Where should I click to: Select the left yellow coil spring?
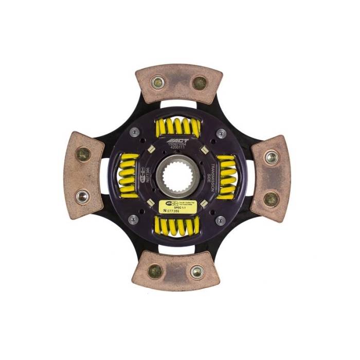tap(129, 176)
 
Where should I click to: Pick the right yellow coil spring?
tap(226, 176)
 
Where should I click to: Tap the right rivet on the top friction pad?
tap(199, 83)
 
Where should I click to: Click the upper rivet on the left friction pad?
tap(83, 153)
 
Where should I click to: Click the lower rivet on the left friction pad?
tap(82, 196)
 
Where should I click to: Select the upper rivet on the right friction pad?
tap(272, 156)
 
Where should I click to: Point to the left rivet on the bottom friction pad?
tap(155, 271)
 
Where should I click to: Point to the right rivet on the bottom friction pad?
tap(197, 271)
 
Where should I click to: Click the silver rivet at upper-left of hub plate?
tap(134, 133)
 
